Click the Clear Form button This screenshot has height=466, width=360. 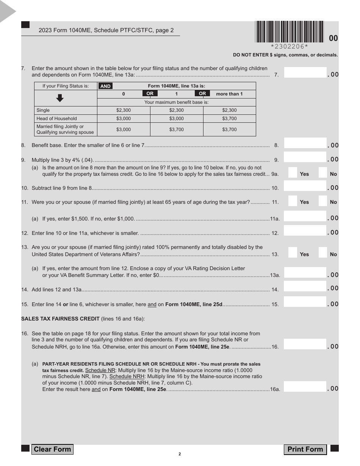52,449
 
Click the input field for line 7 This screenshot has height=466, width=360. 305,73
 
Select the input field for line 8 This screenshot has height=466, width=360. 305,144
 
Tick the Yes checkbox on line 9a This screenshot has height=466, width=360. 293,173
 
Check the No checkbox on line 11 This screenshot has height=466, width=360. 322,201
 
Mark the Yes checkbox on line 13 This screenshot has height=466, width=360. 293,253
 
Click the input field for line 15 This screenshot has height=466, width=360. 305,302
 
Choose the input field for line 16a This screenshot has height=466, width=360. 305,387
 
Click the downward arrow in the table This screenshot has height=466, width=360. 60,98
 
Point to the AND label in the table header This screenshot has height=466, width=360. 105,86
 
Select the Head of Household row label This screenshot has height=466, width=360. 56,119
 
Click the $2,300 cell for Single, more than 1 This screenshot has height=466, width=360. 229,110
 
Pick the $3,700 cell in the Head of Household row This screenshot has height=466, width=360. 229,119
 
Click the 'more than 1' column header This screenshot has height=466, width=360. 229,94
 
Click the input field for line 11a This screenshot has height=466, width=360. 305,217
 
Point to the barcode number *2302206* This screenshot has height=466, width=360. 290,47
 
